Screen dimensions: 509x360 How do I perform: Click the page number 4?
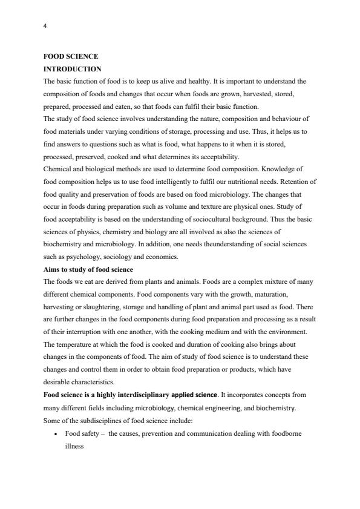(x=45, y=26)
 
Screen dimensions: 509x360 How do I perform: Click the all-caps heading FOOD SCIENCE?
(x=71, y=56)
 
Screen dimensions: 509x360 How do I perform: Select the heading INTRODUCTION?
(x=72, y=69)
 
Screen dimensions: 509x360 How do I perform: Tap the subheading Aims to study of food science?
(x=88, y=269)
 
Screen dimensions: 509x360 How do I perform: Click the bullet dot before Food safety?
(x=56, y=433)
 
